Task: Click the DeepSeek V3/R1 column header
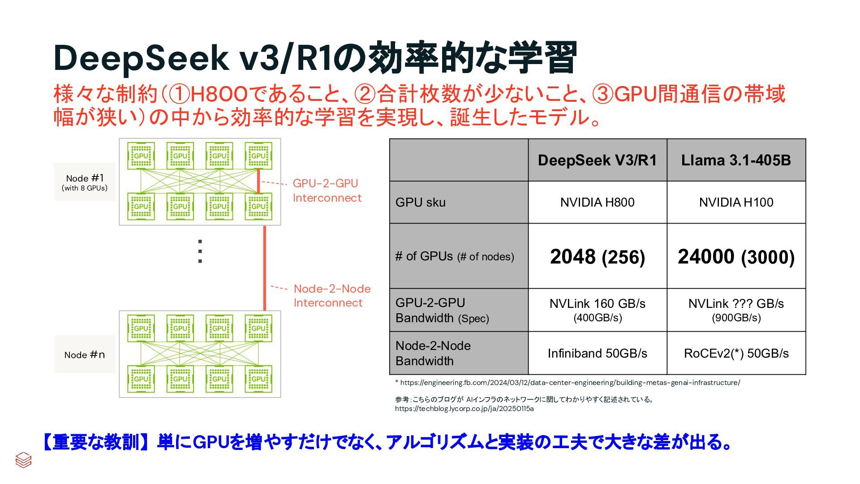(x=597, y=160)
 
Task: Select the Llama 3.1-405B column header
(x=736, y=160)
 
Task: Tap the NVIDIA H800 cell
(x=597, y=203)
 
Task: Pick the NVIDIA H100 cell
(x=736, y=203)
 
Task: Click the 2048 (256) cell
(x=597, y=257)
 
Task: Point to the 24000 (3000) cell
(x=736, y=257)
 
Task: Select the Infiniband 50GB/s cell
(x=597, y=354)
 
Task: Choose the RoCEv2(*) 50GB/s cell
(x=736, y=354)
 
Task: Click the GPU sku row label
(x=421, y=203)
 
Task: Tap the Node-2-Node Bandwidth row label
(x=433, y=354)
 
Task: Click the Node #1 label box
(x=85, y=182)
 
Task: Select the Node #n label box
(x=85, y=354)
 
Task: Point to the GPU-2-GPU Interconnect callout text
(x=327, y=190)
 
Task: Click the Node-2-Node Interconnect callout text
(x=332, y=296)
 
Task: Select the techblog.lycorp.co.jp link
(x=464, y=409)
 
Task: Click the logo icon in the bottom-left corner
(x=23, y=460)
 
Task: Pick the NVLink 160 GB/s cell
(x=597, y=310)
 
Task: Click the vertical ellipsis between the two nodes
(x=200, y=251)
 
